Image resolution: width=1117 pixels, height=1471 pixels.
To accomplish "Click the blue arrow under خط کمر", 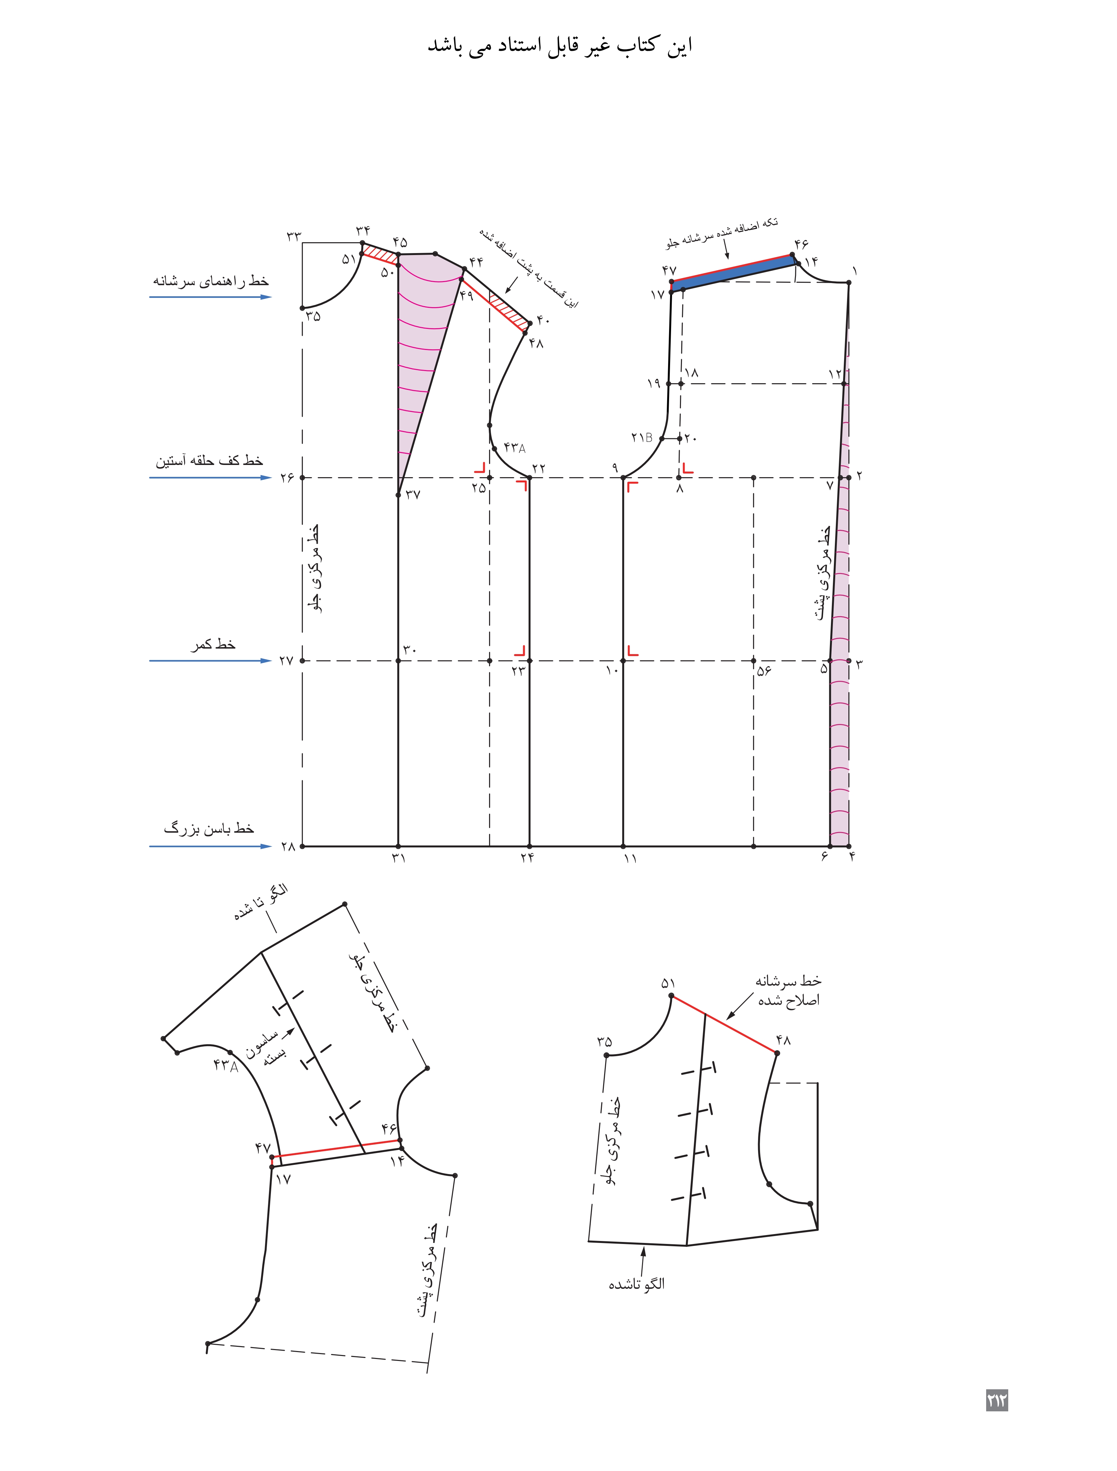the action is [x=210, y=660].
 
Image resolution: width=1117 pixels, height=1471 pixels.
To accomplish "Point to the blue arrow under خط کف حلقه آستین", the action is [x=210, y=477].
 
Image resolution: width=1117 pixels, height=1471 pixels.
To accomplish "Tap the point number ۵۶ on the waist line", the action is [x=764, y=670].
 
